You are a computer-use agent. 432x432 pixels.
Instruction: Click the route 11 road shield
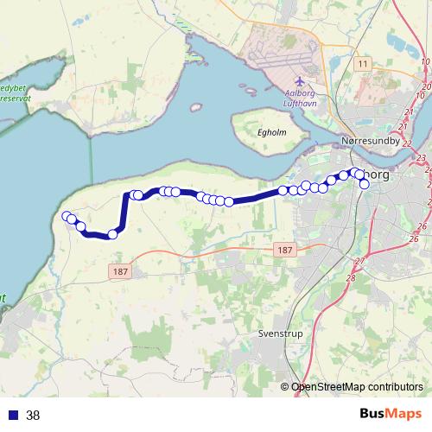(x=362, y=65)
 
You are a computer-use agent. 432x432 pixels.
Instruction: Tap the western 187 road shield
(x=119, y=271)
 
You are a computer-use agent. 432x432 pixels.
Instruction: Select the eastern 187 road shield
(x=286, y=250)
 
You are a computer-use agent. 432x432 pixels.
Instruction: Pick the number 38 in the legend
(x=33, y=415)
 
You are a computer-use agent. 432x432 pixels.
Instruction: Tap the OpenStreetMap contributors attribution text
(x=357, y=387)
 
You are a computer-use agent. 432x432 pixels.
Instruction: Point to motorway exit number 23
(x=421, y=158)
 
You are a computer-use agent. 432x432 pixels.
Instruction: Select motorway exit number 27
(x=360, y=261)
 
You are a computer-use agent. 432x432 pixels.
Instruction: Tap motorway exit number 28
(x=351, y=277)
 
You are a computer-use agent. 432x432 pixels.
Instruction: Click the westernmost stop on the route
(x=67, y=216)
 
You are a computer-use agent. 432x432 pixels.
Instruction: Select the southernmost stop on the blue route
(x=112, y=234)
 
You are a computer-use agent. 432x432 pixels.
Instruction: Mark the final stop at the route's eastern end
(x=365, y=184)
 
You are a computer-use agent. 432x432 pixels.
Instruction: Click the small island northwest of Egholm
(x=196, y=108)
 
